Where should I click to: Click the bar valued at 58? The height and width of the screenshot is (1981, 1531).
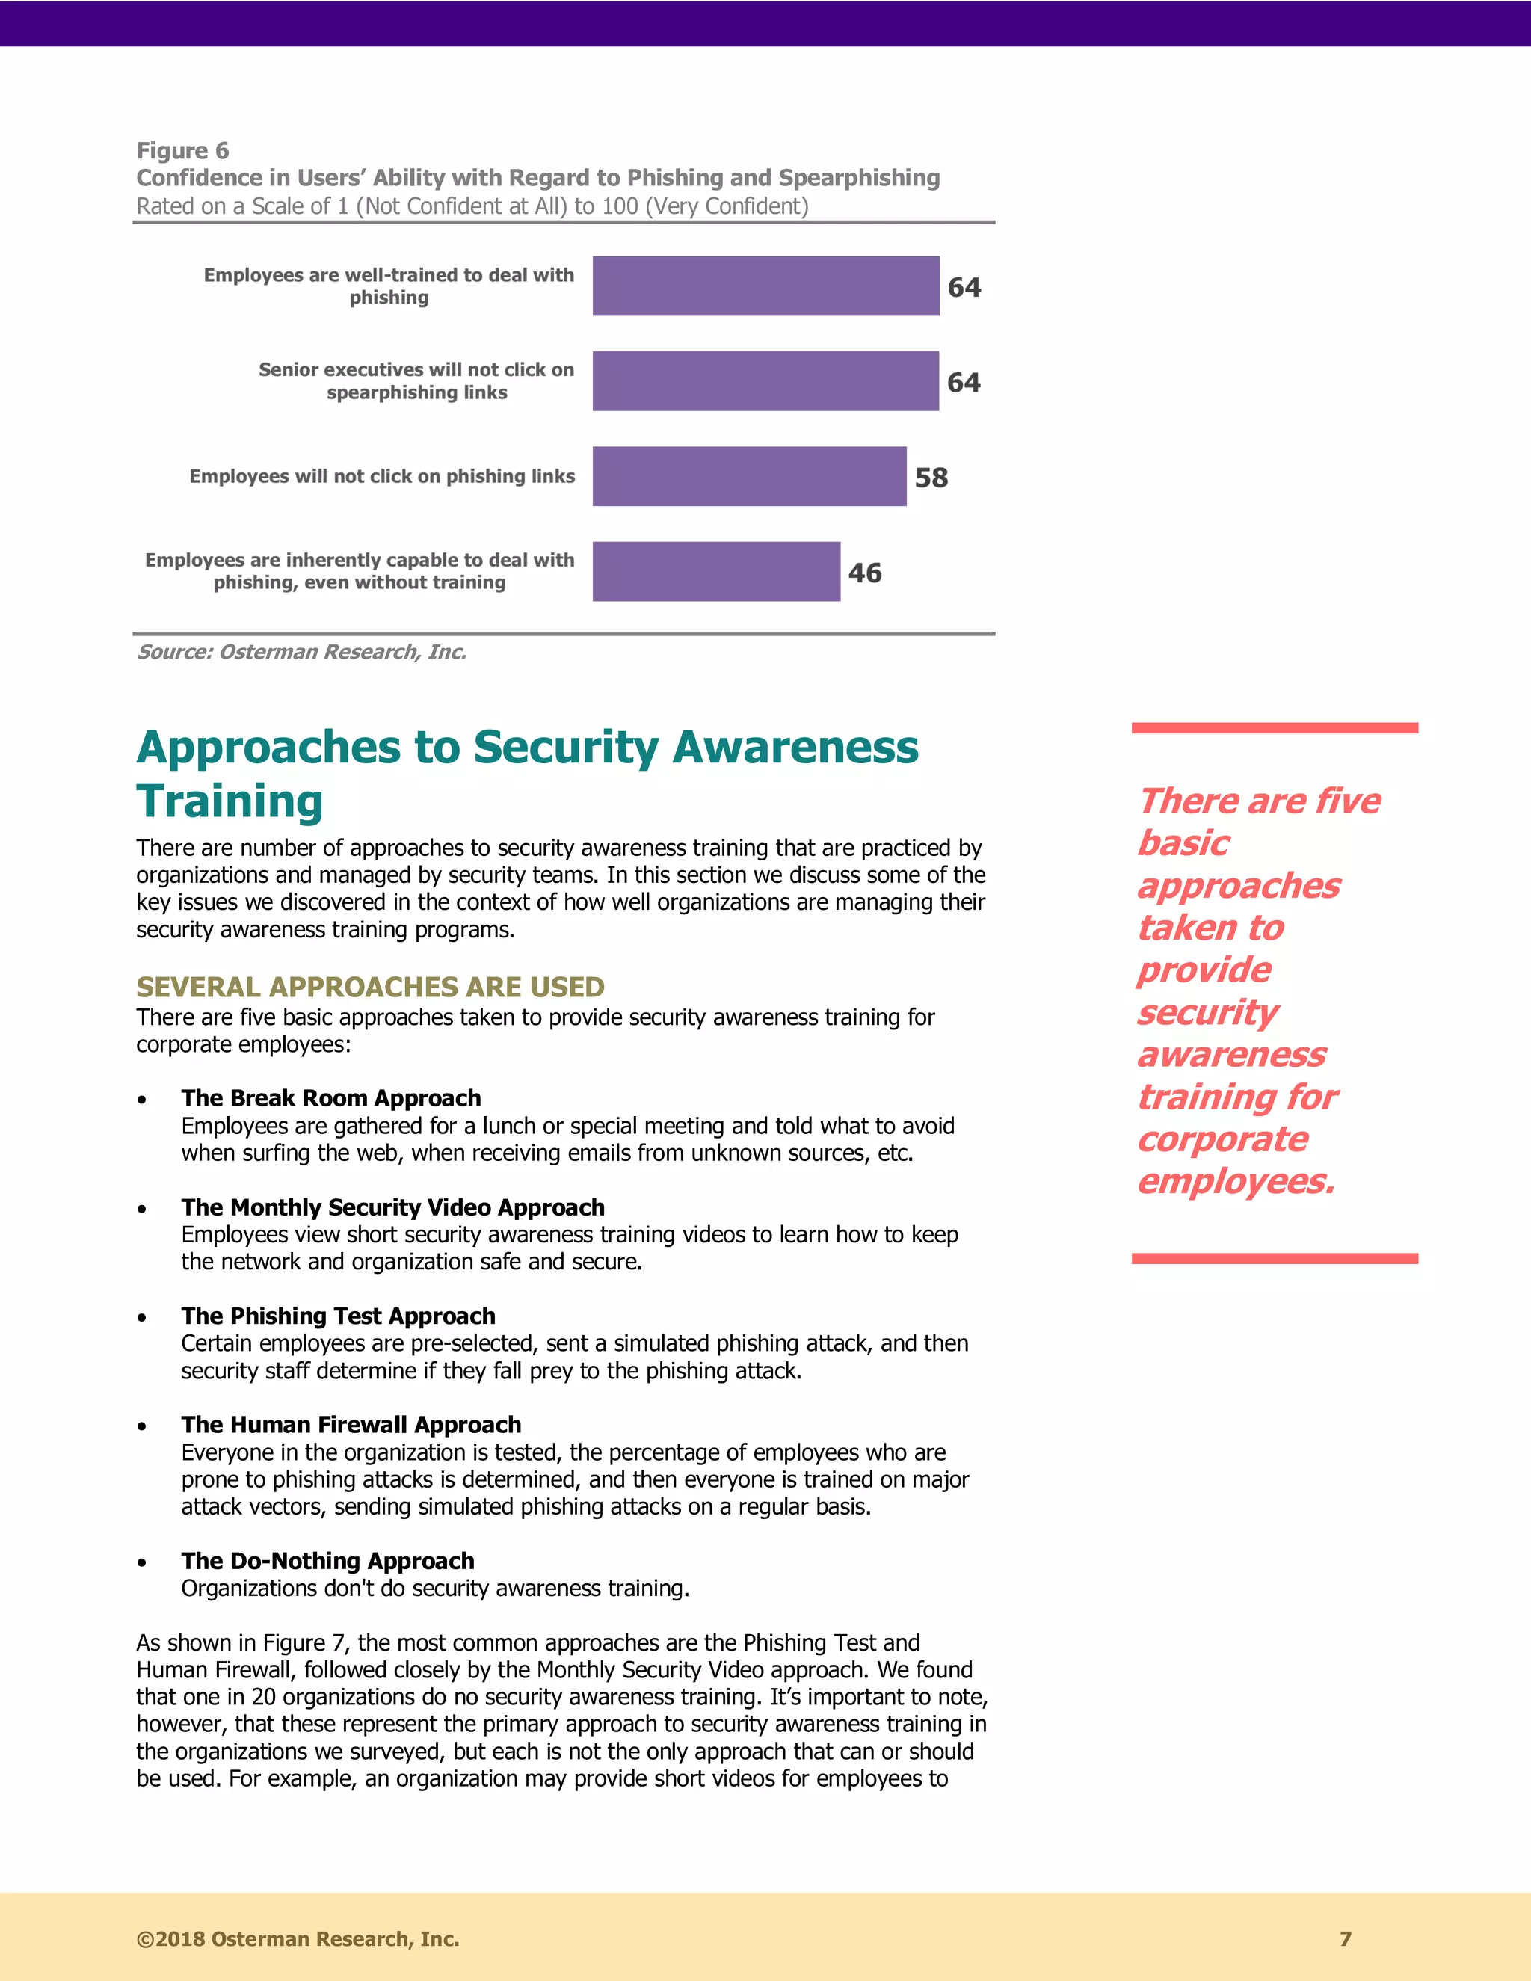(749, 476)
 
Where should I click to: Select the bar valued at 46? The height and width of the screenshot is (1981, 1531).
(716, 571)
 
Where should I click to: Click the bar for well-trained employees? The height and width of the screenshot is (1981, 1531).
(765, 286)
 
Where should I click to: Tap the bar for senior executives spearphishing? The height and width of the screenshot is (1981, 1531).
(765, 381)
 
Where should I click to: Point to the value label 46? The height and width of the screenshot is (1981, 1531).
(864, 573)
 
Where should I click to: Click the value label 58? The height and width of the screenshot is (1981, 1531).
(931, 478)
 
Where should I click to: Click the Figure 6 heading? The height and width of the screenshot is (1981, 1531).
(182, 150)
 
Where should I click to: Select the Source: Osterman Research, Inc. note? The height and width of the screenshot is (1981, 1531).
(301, 652)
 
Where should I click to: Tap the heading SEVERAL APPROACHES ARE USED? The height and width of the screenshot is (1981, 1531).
(370, 987)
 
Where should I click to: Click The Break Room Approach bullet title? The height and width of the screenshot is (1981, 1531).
(331, 1098)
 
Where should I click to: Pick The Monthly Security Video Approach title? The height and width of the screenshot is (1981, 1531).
(392, 1207)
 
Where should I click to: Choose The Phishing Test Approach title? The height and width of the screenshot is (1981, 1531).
(339, 1316)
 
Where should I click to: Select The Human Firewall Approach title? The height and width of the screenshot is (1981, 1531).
(351, 1425)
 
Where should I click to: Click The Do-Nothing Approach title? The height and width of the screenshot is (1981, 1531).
(327, 1561)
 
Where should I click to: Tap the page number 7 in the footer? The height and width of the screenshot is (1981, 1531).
(1345, 1939)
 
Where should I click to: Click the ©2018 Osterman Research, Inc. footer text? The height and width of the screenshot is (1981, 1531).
(298, 1939)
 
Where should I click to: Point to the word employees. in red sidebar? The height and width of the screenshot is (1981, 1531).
(1235, 1182)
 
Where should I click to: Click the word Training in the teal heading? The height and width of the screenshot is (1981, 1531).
(230, 802)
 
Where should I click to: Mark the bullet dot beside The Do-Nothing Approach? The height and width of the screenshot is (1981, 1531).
(142, 1563)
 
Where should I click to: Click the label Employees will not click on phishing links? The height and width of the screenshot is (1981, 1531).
(382, 476)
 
